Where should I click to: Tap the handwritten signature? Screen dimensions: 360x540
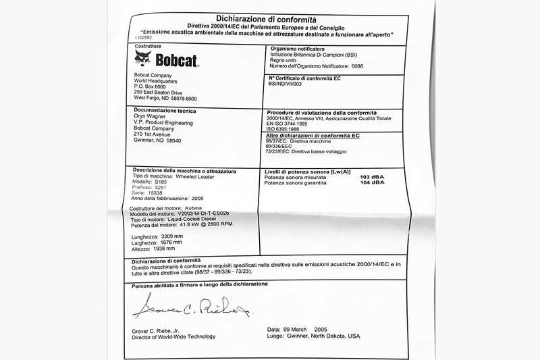[192, 308]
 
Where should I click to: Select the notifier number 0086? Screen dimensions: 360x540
[358, 66]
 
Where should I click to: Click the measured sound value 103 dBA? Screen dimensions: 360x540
[373, 176]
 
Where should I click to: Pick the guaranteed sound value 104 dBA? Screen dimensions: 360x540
[373, 182]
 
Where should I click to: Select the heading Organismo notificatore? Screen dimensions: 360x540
[298, 49]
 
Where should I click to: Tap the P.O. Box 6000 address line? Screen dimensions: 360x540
[149, 86]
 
